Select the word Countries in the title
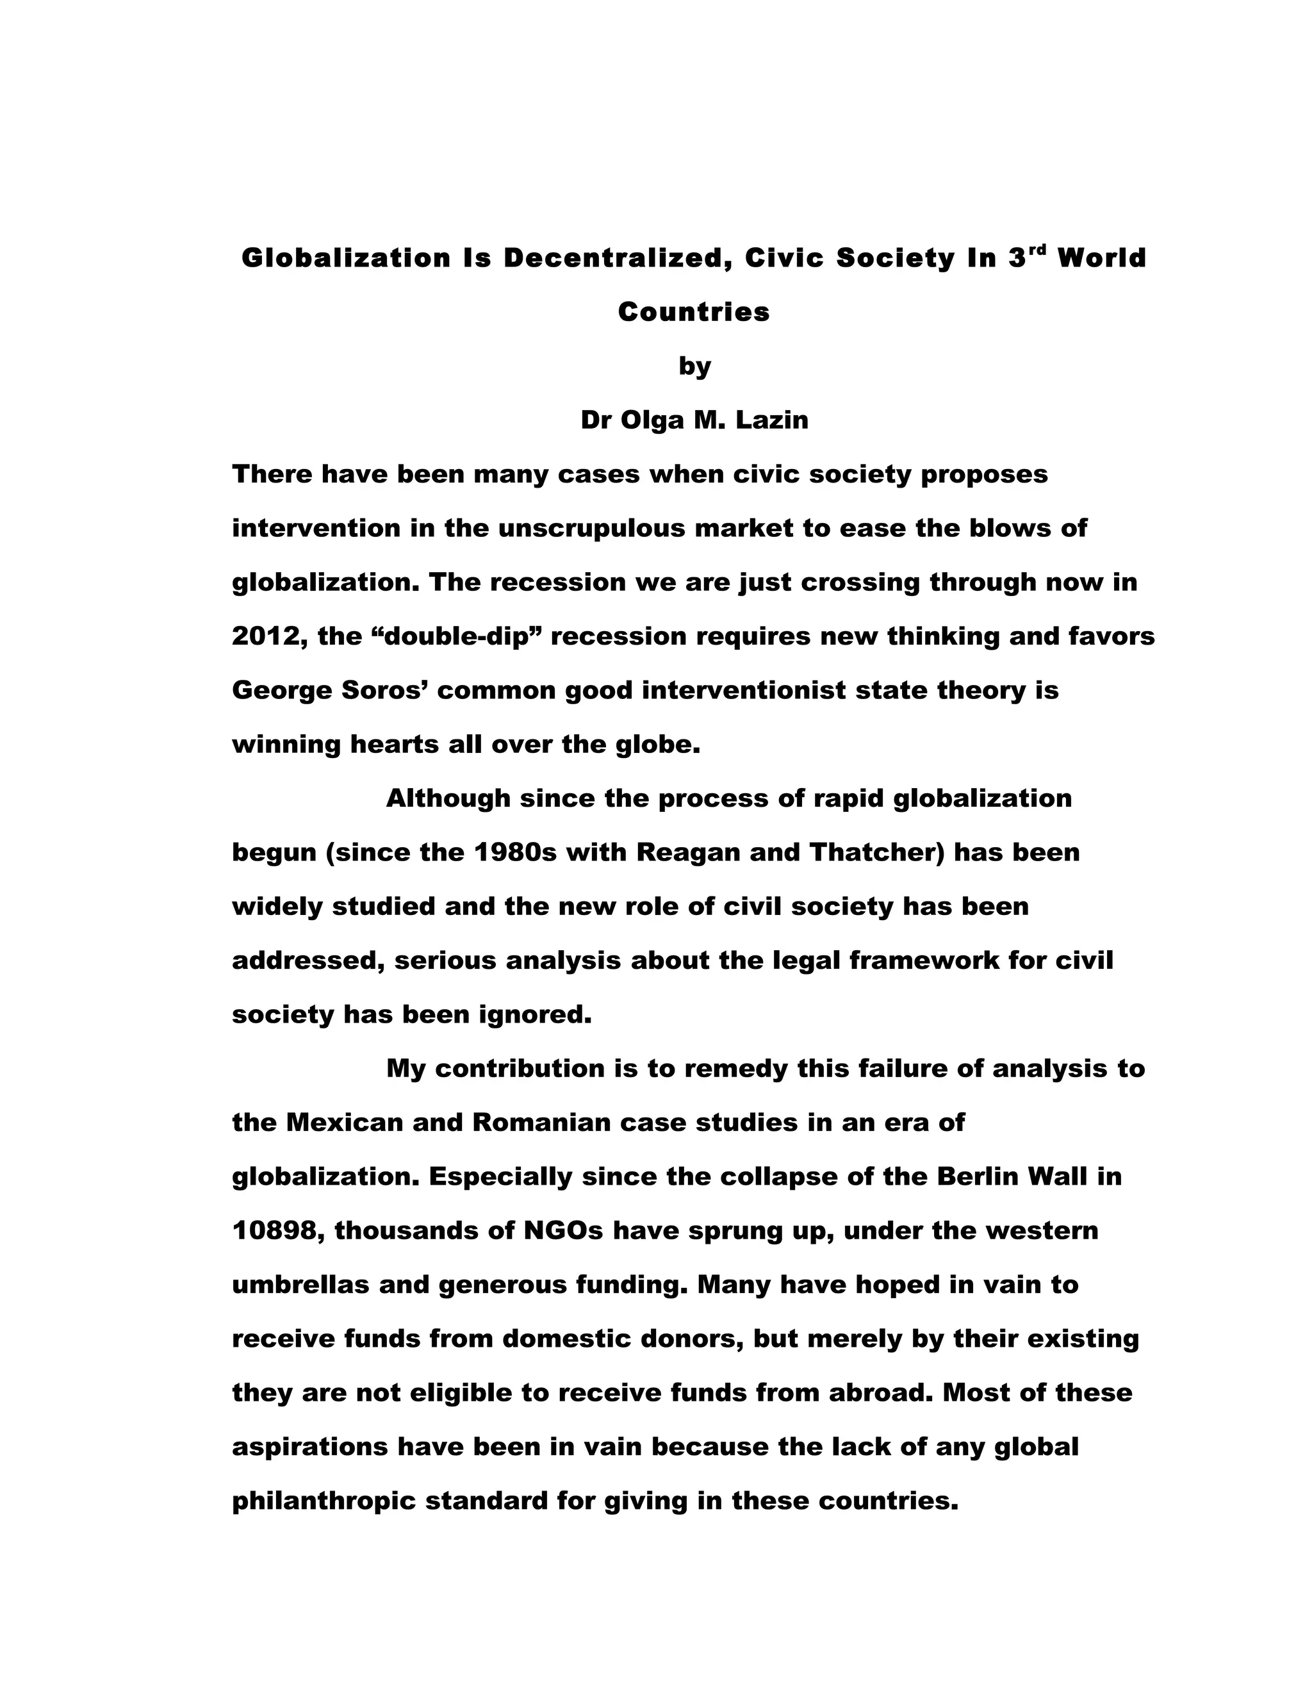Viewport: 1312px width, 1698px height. click(693, 312)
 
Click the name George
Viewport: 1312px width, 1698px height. click(281, 689)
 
